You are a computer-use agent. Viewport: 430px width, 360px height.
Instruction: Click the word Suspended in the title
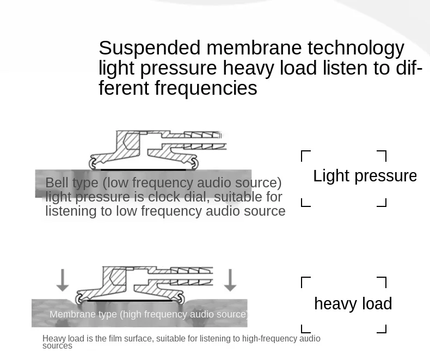(x=150, y=48)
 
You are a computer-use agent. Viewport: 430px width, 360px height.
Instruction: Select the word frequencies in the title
(x=206, y=89)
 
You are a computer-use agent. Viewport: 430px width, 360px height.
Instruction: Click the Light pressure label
(x=365, y=176)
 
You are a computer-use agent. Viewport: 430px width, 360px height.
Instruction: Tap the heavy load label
(x=353, y=304)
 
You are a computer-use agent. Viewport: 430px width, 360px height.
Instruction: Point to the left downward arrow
(x=63, y=280)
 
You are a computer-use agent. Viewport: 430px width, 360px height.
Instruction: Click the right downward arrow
(x=230, y=280)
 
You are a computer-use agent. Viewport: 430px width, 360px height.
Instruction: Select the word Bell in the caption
(x=57, y=183)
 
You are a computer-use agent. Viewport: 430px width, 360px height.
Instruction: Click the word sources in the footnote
(x=57, y=346)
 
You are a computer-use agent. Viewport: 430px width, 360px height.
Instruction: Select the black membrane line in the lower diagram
(x=130, y=301)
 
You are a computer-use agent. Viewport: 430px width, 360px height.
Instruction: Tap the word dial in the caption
(x=196, y=197)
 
